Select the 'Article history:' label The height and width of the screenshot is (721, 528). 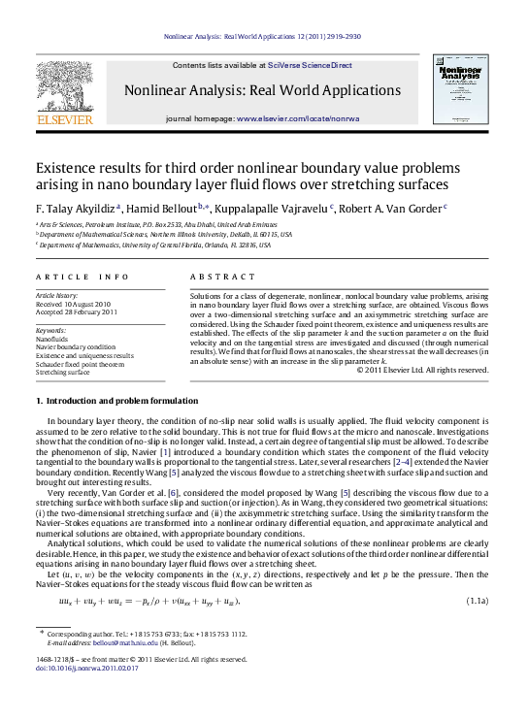click(57, 292)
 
